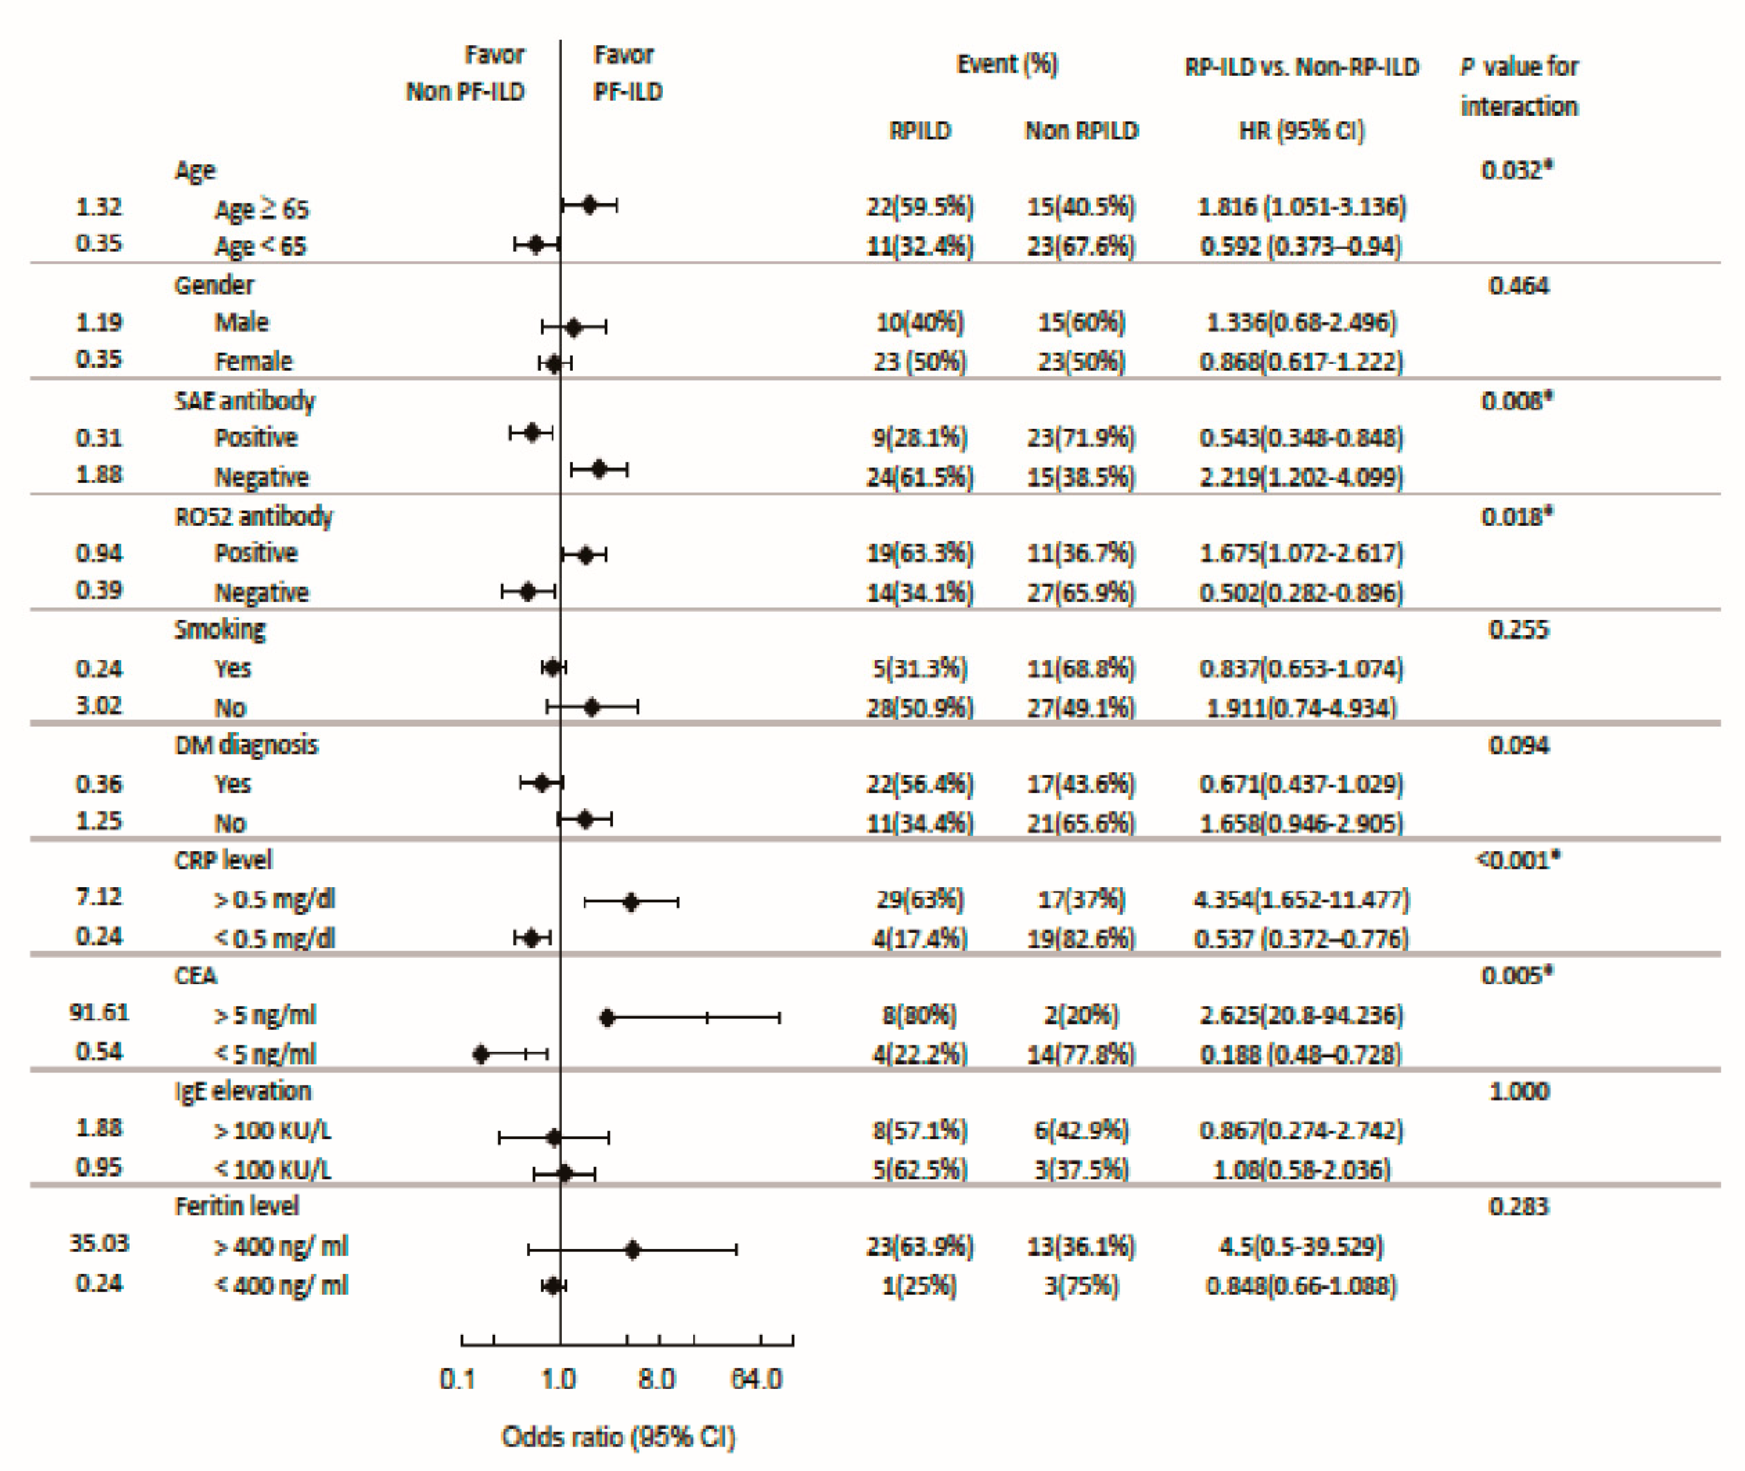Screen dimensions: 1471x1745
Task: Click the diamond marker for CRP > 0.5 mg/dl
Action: point(631,901)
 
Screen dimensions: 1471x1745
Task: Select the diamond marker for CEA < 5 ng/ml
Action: point(480,1054)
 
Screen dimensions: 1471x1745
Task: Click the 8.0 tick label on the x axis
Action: point(656,1379)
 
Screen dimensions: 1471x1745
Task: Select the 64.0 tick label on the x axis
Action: point(756,1379)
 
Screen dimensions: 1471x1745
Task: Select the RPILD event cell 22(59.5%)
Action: point(919,207)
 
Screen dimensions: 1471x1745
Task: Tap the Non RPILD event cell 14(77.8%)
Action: point(1081,1054)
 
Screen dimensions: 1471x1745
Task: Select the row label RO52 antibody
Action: point(254,517)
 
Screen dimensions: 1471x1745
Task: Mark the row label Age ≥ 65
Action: point(261,208)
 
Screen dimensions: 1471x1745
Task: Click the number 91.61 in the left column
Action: point(99,1012)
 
